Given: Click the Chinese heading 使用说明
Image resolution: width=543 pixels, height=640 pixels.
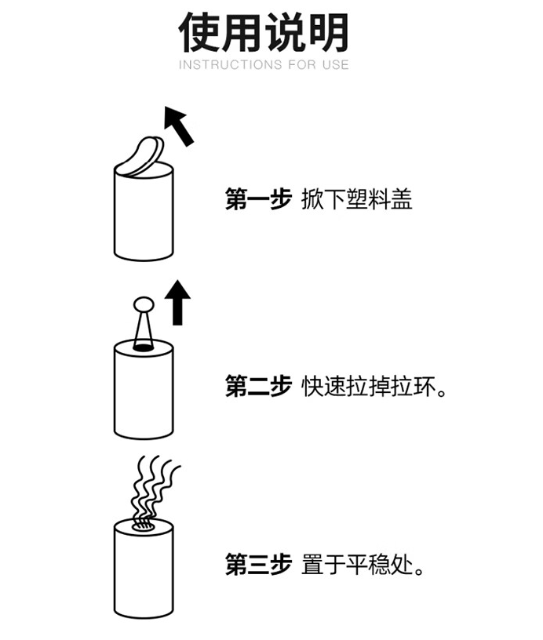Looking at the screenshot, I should tap(264, 32).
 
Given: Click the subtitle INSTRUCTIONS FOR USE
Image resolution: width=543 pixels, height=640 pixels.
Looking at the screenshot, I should tap(264, 65).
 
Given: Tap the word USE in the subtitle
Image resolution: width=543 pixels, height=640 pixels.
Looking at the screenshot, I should tap(335, 65).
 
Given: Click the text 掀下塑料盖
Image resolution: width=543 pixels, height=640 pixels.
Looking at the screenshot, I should tap(356, 200).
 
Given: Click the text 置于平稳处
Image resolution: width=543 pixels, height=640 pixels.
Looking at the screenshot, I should tap(362, 564).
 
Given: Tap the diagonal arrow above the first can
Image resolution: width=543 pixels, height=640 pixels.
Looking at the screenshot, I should tap(179, 126).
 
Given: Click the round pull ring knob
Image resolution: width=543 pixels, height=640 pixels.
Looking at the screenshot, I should tap(143, 302).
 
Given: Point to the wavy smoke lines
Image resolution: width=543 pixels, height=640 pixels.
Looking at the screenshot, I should tap(152, 486).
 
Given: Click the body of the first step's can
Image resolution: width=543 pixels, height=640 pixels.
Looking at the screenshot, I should tap(143, 216).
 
